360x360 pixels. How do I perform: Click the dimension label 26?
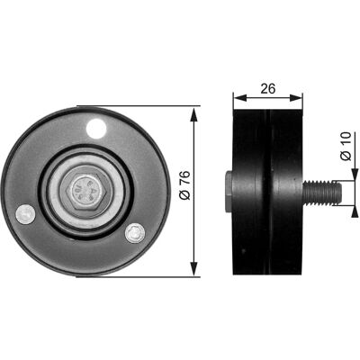tap(267, 88)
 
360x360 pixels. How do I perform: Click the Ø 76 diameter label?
tap(185, 185)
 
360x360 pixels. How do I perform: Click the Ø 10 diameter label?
tap(346, 146)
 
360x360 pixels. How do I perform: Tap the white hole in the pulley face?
tap(96, 129)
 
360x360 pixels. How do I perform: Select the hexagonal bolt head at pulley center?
tap(86, 192)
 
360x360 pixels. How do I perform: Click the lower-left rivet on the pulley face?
tap(25, 214)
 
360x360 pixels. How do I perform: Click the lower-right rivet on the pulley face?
tap(135, 233)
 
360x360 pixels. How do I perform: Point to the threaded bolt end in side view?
tap(322, 193)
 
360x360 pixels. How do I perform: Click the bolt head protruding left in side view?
tap(229, 192)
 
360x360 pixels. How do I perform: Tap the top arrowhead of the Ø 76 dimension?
tap(194, 114)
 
